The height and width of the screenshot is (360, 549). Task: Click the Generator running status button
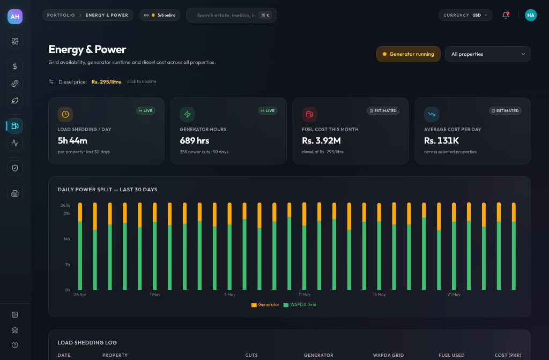click(408, 54)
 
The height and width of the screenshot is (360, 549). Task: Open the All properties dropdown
click(488, 54)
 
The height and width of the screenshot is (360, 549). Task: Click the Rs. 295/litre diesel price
click(106, 82)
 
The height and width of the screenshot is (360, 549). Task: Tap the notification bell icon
click(505, 15)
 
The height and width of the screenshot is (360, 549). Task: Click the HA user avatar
click(530, 15)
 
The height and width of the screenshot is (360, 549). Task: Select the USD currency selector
click(465, 15)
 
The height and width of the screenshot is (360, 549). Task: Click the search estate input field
click(231, 16)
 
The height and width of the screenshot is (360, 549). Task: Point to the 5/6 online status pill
click(160, 15)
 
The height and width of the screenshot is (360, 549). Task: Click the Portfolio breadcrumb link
click(61, 15)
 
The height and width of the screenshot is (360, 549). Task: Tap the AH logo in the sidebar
click(15, 17)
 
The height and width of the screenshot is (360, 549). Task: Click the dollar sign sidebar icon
click(15, 66)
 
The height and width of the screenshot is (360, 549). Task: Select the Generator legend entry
click(265, 305)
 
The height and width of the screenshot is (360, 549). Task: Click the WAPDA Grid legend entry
click(300, 305)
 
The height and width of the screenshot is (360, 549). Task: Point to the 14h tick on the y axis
click(66, 239)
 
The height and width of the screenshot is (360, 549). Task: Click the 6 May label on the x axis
click(229, 295)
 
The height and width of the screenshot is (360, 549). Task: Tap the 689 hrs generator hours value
click(194, 141)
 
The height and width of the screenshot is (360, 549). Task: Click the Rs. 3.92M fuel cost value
click(322, 141)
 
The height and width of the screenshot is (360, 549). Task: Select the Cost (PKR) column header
click(508, 355)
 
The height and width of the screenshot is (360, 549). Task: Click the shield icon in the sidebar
click(15, 168)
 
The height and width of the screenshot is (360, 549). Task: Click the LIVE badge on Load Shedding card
click(146, 110)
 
